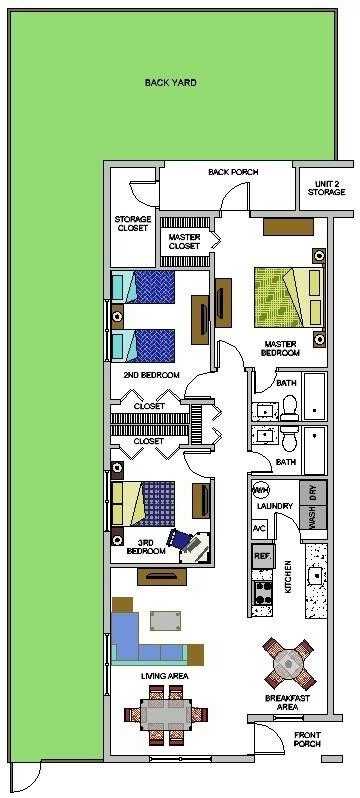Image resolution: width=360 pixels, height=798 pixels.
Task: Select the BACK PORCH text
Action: [233, 172]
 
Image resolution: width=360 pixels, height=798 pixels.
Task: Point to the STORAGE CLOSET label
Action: [132, 224]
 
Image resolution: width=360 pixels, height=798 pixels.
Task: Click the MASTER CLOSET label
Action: [185, 241]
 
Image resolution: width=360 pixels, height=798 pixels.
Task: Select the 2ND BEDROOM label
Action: [151, 375]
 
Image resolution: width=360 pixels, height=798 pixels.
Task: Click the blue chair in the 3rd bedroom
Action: [185, 541]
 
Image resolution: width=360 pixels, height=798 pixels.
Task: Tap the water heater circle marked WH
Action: [260, 491]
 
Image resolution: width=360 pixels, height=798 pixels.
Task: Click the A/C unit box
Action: [259, 528]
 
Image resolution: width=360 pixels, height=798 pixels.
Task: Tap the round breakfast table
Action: [287, 661]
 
